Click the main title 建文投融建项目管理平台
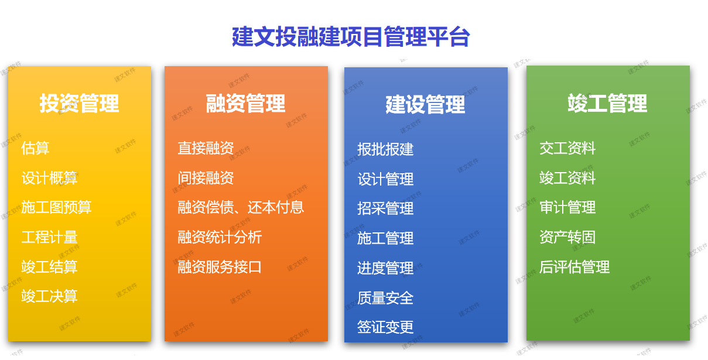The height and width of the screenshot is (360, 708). click(351, 37)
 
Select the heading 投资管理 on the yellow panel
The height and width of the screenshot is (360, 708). click(79, 104)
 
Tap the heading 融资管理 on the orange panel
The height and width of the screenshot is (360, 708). click(245, 104)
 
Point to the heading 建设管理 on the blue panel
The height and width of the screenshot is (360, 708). click(425, 105)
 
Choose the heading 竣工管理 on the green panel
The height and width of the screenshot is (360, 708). click(607, 104)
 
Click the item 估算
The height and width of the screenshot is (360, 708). click(35, 148)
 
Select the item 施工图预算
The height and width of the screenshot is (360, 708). click(56, 207)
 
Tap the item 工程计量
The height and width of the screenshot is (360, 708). click(49, 237)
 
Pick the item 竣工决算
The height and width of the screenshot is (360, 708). click(49, 296)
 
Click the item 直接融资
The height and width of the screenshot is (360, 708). click(206, 148)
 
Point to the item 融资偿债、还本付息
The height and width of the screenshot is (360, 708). click(241, 207)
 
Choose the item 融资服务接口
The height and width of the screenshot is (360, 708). click(220, 267)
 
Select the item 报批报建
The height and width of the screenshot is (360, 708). click(385, 149)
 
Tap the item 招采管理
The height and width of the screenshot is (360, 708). click(385, 208)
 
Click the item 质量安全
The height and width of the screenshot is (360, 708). click(385, 298)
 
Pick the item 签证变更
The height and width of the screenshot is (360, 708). click(385, 327)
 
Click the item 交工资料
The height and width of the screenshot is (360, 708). click(567, 148)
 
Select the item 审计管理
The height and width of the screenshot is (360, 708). click(567, 207)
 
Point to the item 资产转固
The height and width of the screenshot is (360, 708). click(567, 237)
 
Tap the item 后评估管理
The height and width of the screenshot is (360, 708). click(574, 267)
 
